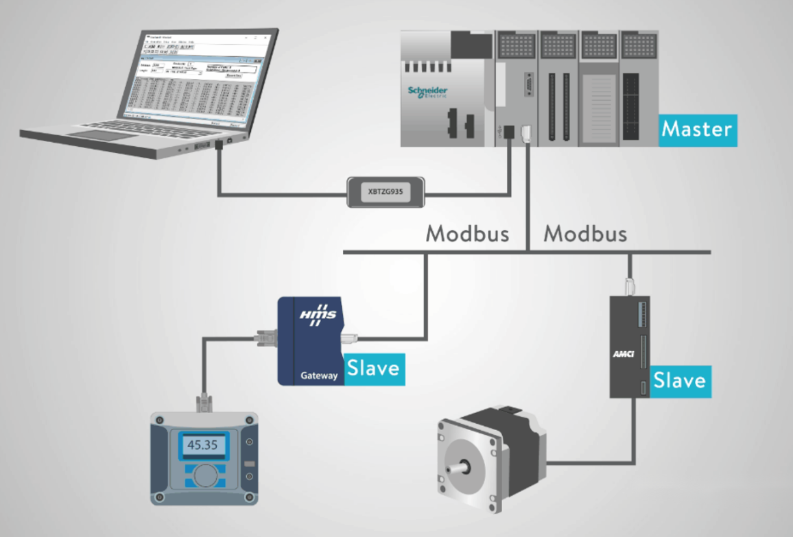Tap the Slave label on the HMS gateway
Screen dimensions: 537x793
pos(373,368)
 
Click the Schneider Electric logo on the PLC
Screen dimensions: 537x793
pos(428,93)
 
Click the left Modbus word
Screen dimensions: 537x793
pos(467,234)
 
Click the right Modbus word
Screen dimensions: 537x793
pos(585,234)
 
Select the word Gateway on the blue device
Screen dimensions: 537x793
pos(319,376)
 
